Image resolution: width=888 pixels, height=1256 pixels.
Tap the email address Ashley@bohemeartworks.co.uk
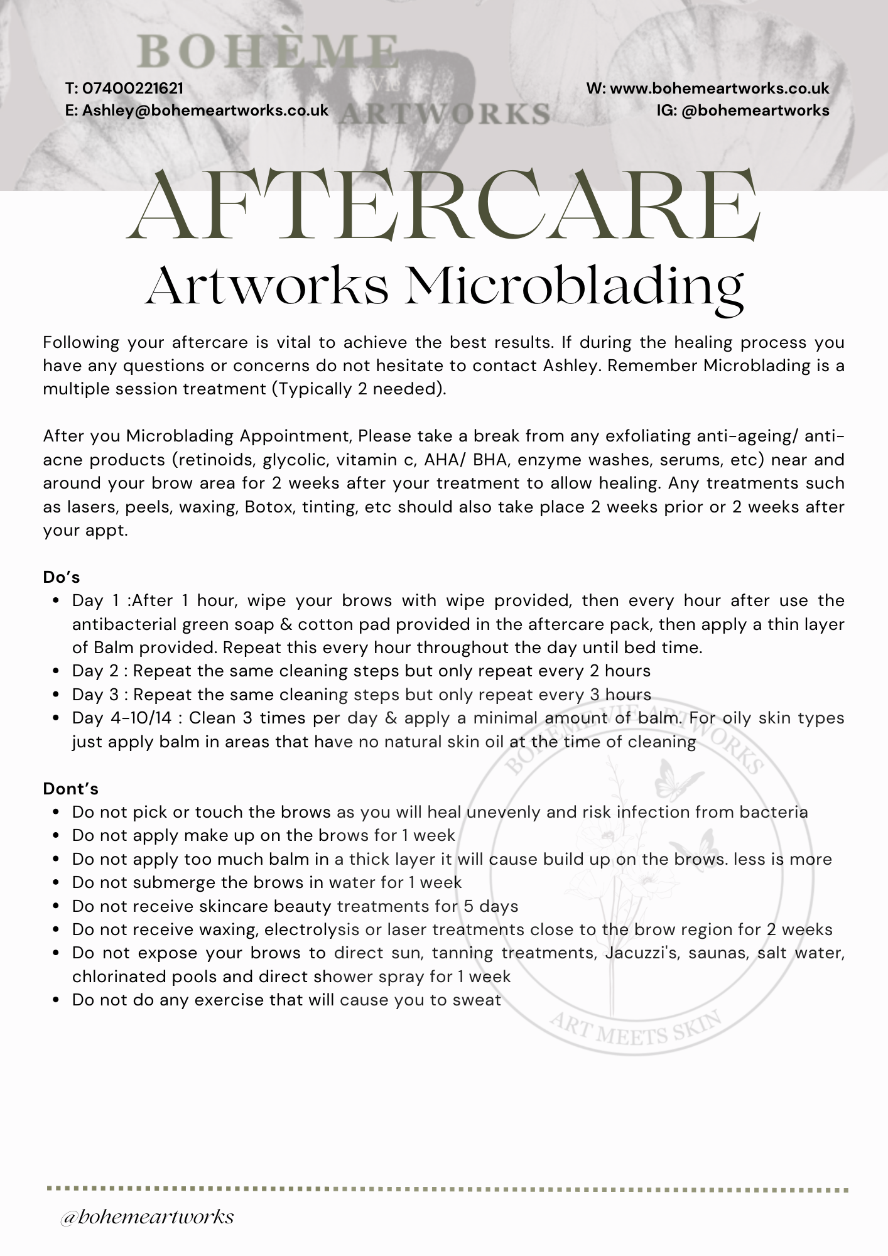(x=205, y=111)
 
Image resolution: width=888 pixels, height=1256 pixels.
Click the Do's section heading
(x=62, y=577)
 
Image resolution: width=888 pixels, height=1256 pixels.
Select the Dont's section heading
(x=70, y=788)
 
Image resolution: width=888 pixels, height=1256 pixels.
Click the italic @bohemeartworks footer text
(x=147, y=1216)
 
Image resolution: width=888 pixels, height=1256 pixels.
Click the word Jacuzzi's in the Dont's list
(x=642, y=953)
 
